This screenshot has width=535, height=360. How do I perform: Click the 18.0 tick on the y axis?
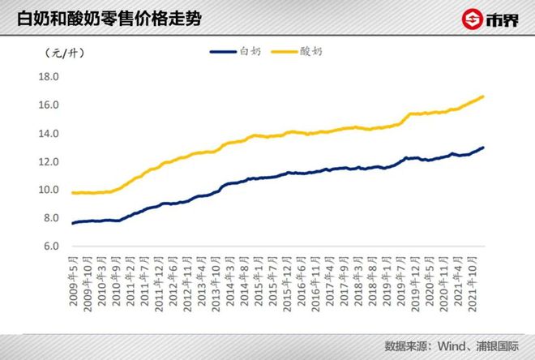click(x=49, y=77)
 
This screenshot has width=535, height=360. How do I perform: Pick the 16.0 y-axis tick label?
click(x=49, y=105)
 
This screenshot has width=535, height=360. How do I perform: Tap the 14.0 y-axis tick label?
click(x=49, y=133)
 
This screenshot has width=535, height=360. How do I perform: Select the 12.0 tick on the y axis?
click(x=49, y=161)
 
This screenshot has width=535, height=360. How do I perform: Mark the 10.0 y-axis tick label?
click(x=49, y=190)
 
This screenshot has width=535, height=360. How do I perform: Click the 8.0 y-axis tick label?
click(x=51, y=217)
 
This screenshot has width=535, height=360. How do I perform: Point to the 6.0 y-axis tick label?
click(x=51, y=246)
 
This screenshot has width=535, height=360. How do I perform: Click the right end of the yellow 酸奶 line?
click(x=484, y=96)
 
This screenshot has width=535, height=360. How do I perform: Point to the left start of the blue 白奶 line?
click(x=73, y=223)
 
